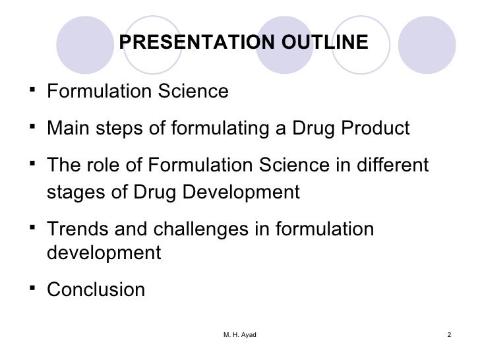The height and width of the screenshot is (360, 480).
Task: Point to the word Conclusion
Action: pos(96,289)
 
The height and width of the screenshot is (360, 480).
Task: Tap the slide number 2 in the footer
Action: pos(448,336)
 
